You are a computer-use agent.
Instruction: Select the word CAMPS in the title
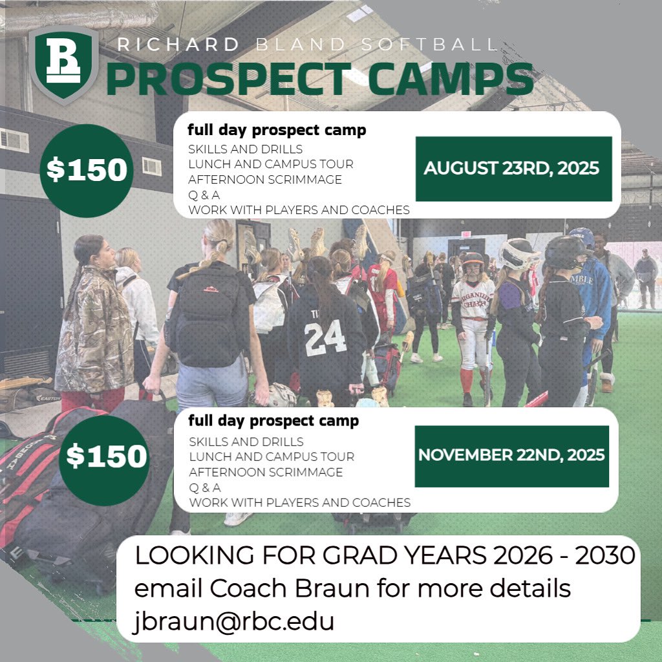[446, 79]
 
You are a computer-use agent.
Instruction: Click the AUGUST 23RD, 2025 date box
[513, 169]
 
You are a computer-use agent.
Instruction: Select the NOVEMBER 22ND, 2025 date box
[511, 456]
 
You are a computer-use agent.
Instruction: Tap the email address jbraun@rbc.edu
[235, 621]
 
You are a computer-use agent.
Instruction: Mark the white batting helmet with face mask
[518, 253]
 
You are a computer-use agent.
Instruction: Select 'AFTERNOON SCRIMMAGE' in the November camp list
[266, 472]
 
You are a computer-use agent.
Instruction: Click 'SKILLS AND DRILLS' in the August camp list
[246, 149]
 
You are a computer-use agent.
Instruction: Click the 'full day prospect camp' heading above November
[273, 422]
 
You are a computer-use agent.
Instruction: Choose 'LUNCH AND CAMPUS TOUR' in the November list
[272, 457]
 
